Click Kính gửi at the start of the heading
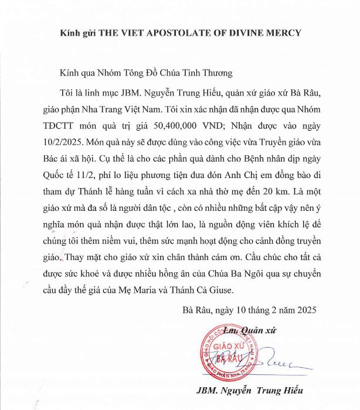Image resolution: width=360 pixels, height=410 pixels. [x=77, y=33]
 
